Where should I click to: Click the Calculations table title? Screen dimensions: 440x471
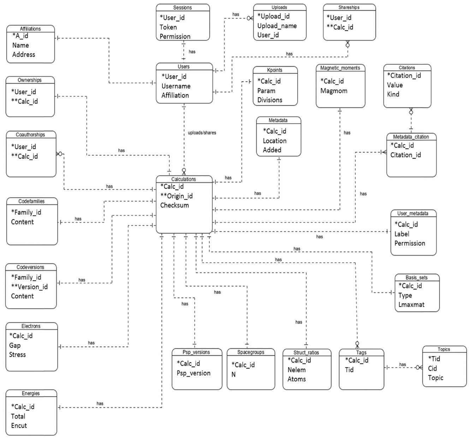pos(184,179)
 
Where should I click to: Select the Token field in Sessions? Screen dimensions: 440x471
pos(168,27)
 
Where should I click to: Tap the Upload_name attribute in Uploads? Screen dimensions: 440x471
pos(277,26)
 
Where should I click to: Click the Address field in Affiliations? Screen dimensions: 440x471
pos(24,54)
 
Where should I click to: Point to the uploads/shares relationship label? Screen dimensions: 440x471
pos(202,133)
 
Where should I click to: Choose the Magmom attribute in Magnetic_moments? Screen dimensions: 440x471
pos(334,91)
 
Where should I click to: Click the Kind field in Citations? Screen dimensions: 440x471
pos(393,94)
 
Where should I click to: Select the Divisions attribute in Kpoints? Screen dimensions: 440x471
pos(270,100)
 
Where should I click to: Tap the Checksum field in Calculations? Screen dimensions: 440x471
pos(174,205)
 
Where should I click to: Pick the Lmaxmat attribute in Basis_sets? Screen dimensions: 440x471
pos(411,305)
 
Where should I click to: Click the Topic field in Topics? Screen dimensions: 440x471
pos(435,378)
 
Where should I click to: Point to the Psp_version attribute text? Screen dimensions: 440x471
pos(193,373)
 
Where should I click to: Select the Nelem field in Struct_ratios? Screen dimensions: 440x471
pos(297,370)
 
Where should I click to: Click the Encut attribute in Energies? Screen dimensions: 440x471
pos(19,426)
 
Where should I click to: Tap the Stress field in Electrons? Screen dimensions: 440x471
pos(17,354)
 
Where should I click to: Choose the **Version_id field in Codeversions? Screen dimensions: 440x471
pos(29,287)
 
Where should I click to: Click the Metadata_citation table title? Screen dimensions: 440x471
pos(411,137)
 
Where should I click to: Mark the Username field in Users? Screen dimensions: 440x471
pos(176,86)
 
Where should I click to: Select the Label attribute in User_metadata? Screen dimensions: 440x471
pos(402,234)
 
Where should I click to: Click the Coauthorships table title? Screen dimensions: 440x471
pos(30,135)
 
